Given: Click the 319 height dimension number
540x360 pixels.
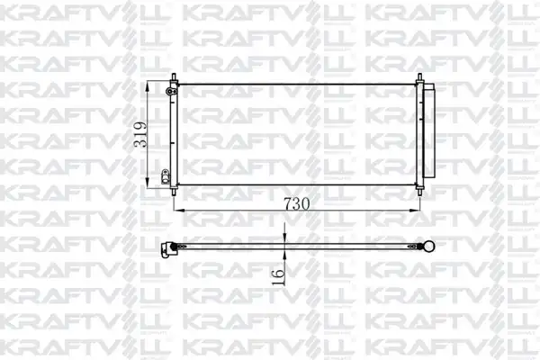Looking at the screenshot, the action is point(140,135).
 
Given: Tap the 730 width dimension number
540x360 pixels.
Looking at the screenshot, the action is point(296,204).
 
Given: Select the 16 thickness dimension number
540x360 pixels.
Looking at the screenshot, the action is point(278,277).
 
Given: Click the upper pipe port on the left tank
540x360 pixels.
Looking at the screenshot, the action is point(169,91).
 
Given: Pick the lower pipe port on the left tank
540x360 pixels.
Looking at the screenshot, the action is point(166,176).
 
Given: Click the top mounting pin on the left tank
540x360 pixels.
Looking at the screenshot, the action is point(174,77).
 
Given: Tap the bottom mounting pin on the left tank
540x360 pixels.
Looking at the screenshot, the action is point(174,191).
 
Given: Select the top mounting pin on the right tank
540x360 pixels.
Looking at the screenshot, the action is point(419,77).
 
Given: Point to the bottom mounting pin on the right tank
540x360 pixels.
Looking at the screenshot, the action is point(419,191).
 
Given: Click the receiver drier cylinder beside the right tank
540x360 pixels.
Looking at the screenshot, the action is point(429,130).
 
